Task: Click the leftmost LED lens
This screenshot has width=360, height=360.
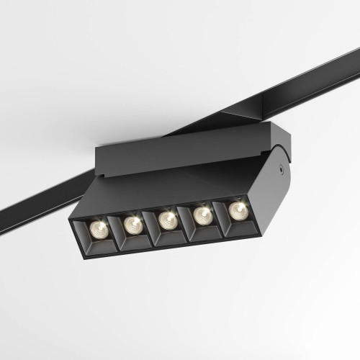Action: tap(99, 229)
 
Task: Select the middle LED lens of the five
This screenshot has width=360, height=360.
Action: tap(167, 220)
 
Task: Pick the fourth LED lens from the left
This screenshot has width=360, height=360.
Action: tap(203, 215)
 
